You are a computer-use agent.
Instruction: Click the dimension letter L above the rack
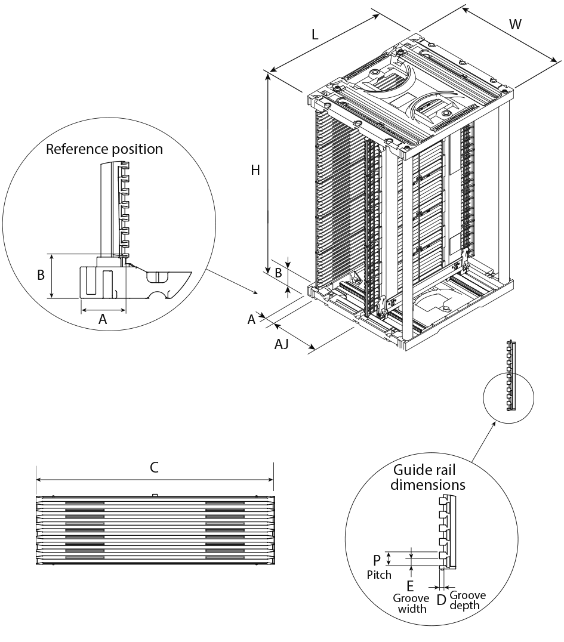point(315,35)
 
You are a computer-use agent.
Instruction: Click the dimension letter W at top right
point(515,24)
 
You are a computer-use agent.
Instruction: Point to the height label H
point(255,170)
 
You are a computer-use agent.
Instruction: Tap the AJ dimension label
point(281,344)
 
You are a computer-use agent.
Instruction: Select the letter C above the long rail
point(154,467)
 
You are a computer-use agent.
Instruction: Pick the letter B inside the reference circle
point(41,274)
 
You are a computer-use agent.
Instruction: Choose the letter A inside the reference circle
point(103,319)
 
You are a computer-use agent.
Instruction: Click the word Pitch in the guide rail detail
point(379,575)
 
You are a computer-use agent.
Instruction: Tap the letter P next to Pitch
point(377,560)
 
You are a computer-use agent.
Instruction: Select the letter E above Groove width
point(409,586)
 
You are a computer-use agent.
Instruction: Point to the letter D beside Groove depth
point(440,600)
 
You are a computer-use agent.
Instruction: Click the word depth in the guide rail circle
point(464,606)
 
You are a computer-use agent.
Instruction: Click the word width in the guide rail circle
point(412,609)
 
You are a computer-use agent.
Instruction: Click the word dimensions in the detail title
point(427,484)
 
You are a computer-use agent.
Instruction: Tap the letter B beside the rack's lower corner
point(278,273)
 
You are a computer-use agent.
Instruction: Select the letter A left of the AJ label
point(251,319)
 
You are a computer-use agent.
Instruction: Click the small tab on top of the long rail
point(155,495)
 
